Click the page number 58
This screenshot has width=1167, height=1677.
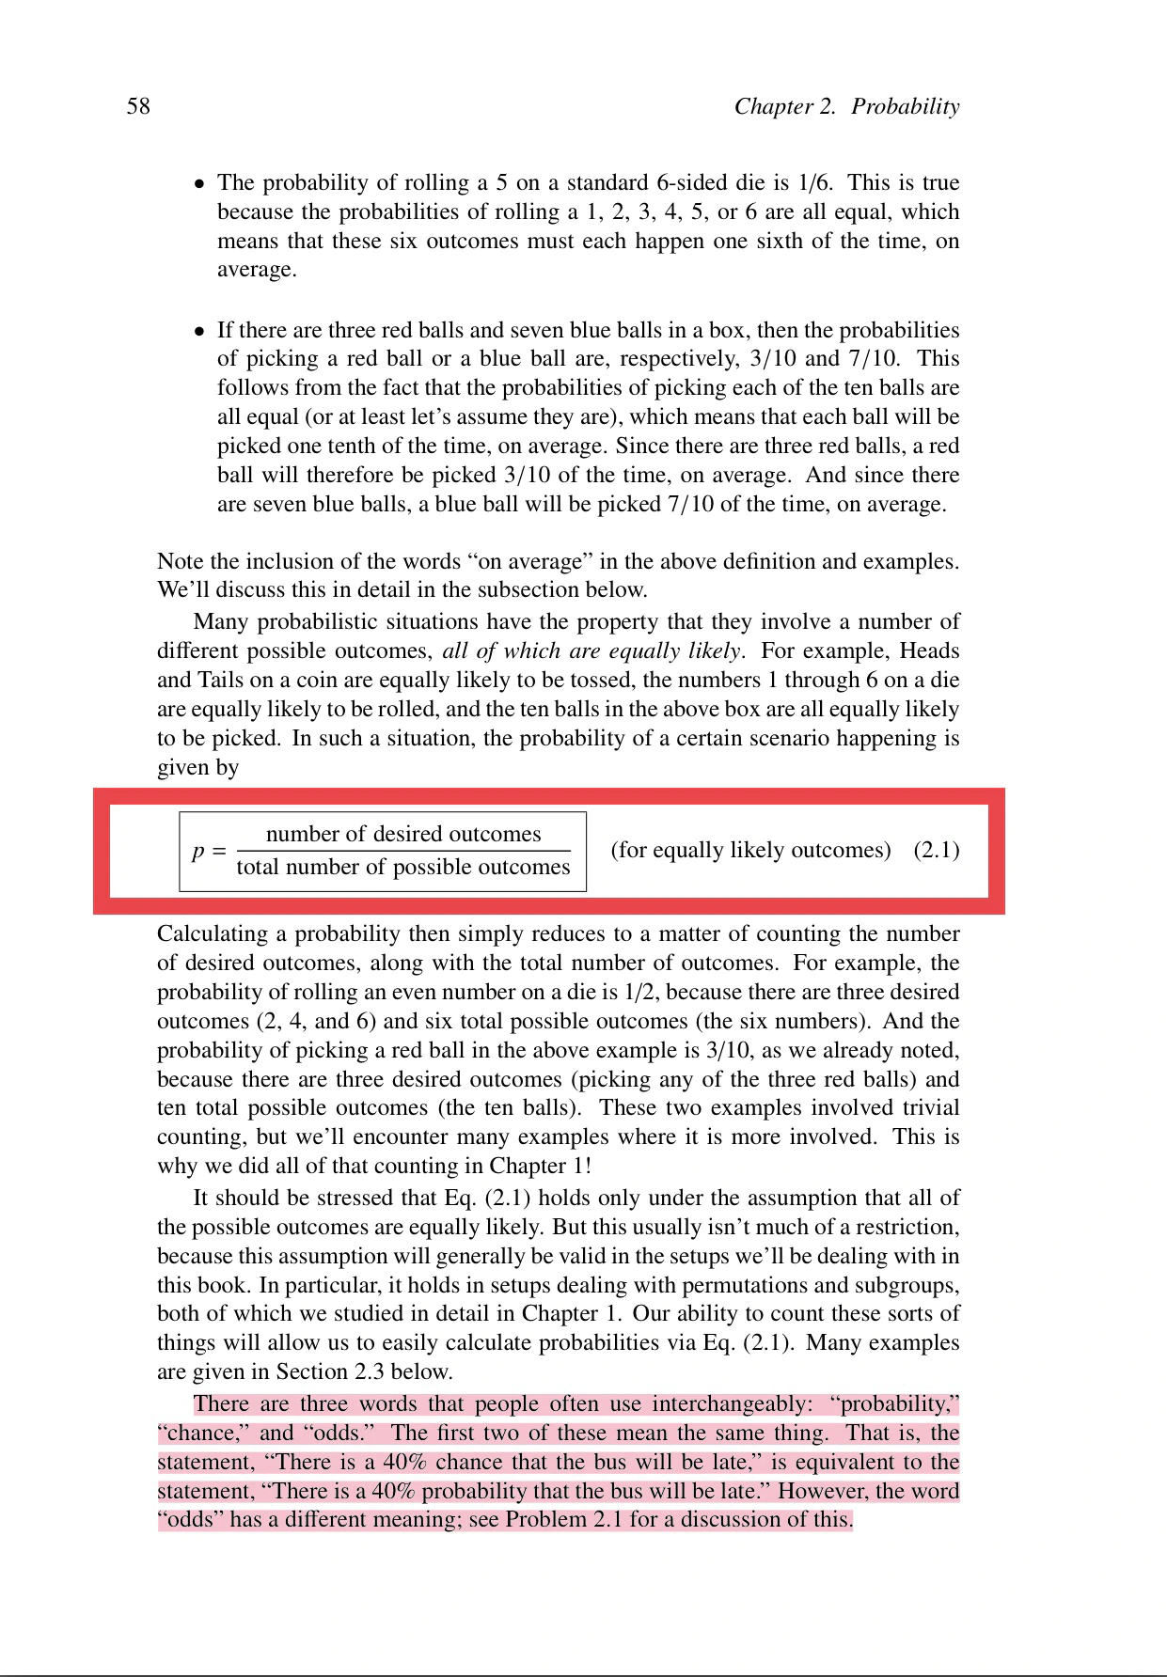(x=138, y=106)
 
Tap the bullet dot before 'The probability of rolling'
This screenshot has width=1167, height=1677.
(x=198, y=184)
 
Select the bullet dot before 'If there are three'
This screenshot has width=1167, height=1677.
(x=198, y=332)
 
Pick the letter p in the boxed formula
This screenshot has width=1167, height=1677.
(x=198, y=852)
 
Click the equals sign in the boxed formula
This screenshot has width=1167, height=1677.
(x=218, y=850)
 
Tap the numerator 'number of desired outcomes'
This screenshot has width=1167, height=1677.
(x=403, y=834)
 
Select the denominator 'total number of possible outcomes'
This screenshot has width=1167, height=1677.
(x=403, y=867)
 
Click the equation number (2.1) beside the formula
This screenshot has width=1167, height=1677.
(x=936, y=850)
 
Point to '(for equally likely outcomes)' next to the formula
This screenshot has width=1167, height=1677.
(x=750, y=850)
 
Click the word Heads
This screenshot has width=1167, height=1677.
(x=929, y=650)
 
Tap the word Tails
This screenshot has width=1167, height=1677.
(x=219, y=680)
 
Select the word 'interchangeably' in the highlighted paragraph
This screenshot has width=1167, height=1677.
(x=730, y=1404)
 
